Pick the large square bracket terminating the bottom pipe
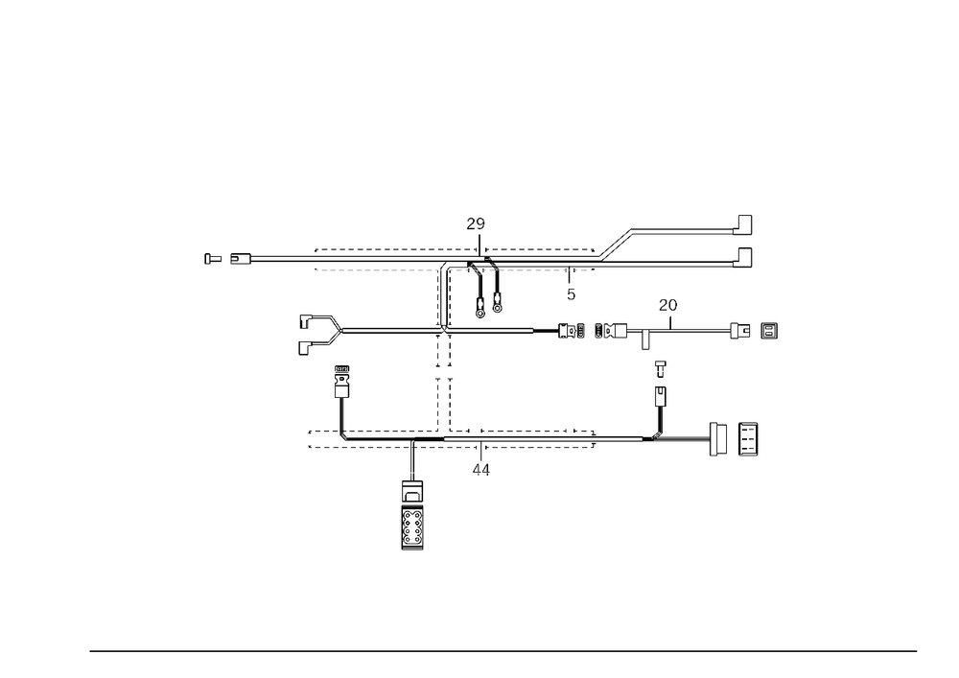click(714, 439)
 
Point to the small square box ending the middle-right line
click(768, 332)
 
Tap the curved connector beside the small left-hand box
click(335, 329)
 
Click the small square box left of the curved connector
click(305, 321)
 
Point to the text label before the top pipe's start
click(220, 259)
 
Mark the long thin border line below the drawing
click(503, 650)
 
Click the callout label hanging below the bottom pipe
click(482, 467)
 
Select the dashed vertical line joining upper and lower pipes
click(448, 393)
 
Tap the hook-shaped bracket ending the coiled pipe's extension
click(742, 224)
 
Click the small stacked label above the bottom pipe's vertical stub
click(341, 377)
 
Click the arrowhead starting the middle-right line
click(534, 332)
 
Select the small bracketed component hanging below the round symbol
click(494, 300)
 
